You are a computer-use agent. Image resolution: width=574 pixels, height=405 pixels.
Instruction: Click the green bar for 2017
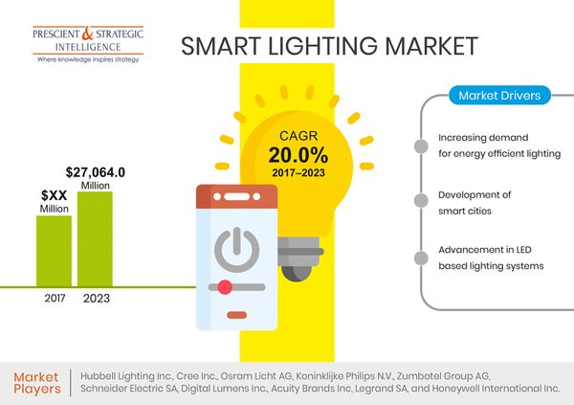(x=54, y=250)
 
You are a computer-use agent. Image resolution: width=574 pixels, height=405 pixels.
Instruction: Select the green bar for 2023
(x=95, y=238)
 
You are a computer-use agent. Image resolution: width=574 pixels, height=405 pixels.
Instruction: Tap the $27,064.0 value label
(x=96, y=172)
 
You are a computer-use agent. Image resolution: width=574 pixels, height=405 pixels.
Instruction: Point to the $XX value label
(x=54, y=194)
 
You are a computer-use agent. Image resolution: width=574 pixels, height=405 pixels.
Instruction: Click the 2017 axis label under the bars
(x=55, y=298)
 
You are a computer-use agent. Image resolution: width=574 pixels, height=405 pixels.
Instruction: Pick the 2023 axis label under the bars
(x=95, y=298)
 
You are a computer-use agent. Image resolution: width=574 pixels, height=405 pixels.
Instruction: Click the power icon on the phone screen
(x=235, y=249)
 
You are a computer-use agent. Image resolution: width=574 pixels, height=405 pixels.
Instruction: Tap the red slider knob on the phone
(x=225, y=286)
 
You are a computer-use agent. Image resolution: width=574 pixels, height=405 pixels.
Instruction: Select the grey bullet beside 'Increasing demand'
(x=420, y=146)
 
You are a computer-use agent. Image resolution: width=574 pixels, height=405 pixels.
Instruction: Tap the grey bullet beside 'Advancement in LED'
(x=420, y=257)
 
